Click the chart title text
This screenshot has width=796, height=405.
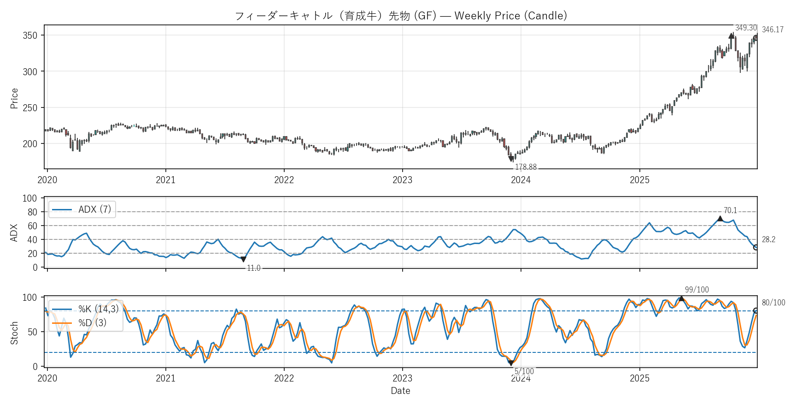tap(401, 16)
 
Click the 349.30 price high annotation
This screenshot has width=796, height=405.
tap(746, 28)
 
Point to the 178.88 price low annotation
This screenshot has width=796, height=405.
tap(526, 167)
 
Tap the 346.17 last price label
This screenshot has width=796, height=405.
tap(773, 30)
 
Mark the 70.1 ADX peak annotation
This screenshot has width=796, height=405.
tap(730, 210)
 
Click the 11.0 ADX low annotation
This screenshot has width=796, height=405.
tap(253, 268)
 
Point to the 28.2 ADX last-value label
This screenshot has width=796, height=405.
tap(768, 239)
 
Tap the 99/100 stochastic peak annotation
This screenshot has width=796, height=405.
tap(696, 290)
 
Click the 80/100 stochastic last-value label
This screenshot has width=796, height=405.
tap(773, 303)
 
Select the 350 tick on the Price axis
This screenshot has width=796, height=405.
tap(30, 36)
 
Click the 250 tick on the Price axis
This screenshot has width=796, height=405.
tap(30, 107)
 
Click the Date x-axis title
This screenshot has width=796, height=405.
tap(400, 391)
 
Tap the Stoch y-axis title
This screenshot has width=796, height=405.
tap(14, 333)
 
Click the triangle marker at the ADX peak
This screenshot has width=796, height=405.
tap(720, 219)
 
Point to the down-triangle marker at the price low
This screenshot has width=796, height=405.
tap(511, 159)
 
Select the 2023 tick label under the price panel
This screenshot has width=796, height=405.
tap(402, 180)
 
